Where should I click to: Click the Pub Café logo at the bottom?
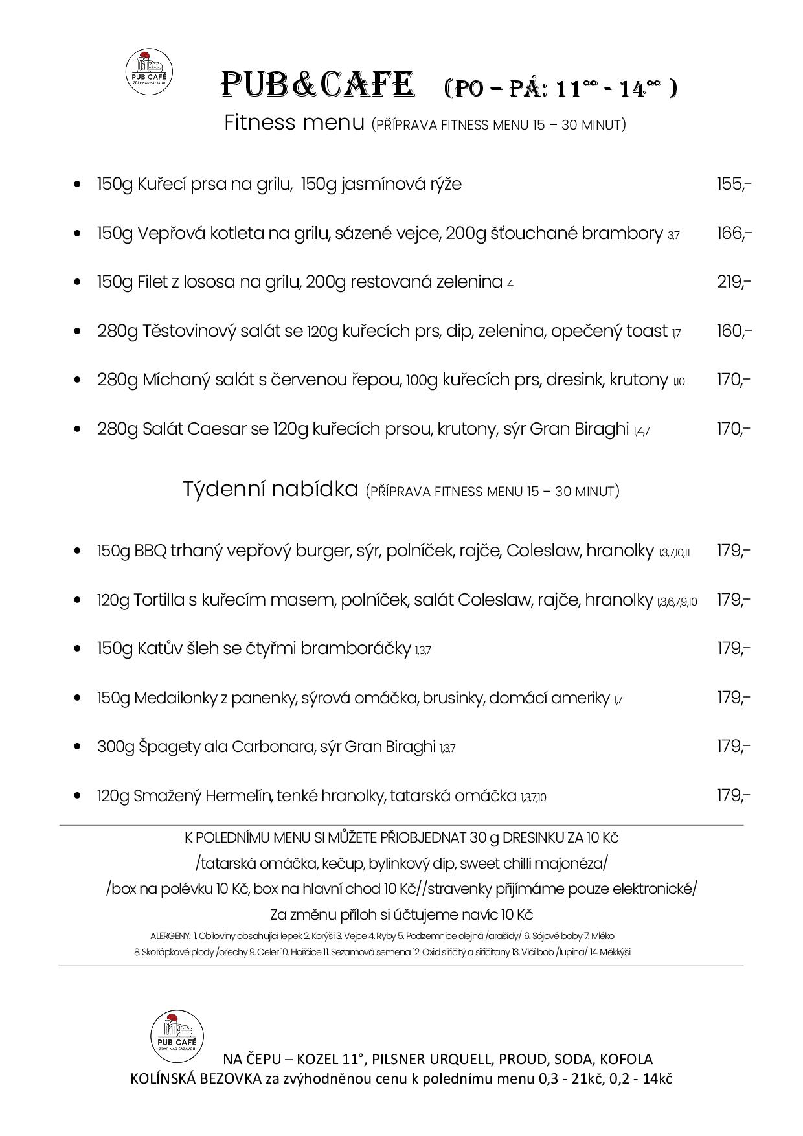tap(177, 1037)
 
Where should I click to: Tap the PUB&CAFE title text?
tap(318, 85)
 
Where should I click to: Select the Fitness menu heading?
tap(294, 122)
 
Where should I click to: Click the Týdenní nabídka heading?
tap(271, 489)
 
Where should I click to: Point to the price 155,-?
tap(733, 184)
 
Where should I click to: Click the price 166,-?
tap(733, 233)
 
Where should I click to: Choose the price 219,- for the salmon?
tap(733, 282)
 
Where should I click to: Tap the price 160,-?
tap(733, 331)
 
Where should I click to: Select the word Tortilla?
tap(159, 600)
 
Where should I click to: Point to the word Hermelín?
tap(240, 795)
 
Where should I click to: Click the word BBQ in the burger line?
tap(150, 551)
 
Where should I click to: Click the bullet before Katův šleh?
tap(78, 649)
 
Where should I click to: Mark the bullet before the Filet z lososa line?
tap(78, 282)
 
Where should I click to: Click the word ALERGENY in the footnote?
tap(170, 936)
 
